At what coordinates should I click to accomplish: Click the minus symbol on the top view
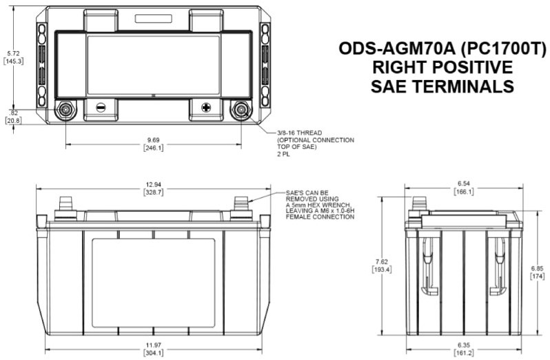coord(101,108)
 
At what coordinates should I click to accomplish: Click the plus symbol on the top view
coord(206,108)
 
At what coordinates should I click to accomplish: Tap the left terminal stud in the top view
coord(65,110)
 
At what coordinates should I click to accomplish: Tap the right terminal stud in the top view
coord(241,110)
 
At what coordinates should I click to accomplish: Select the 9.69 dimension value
coord(154,140)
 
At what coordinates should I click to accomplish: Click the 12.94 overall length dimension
coord(154,185)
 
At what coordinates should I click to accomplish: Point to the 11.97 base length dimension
coord(154,346)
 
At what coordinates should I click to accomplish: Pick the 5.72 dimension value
coord(13,54)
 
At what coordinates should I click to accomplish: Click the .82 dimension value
coord(14,113)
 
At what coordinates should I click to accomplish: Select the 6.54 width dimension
coord(464,183)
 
